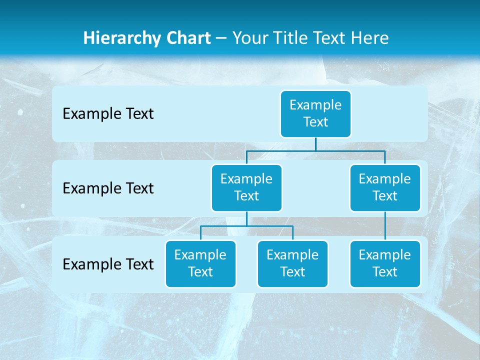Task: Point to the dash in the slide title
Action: coord(221,38)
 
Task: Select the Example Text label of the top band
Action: coord(108,114)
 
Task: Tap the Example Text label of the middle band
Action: coord(108,188)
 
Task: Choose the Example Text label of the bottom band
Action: coord(108,264)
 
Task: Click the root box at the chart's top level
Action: coord(315,113)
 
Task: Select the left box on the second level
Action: coord(246,187)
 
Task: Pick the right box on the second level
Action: coord(385,187)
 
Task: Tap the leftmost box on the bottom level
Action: coord(200,263)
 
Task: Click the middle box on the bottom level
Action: coord(292,263)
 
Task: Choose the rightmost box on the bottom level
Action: coord(385,263)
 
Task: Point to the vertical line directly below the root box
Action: coord(315,144)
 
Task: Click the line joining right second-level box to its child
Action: coord(385,226)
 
